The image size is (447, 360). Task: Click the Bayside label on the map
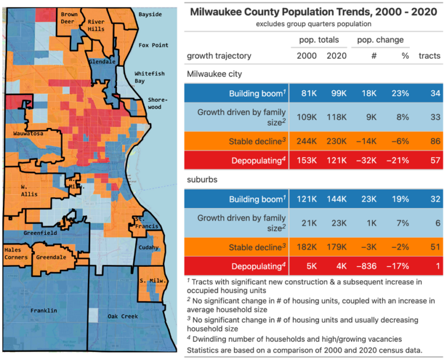point(150,13)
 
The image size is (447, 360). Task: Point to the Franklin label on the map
point(44,311)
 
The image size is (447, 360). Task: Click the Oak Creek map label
point(122,316)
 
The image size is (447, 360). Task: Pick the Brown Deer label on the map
point(69,17)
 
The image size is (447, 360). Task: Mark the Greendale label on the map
point(51,256)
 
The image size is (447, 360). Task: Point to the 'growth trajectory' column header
point(219,56)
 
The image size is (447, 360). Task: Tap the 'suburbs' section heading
point(202,180)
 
